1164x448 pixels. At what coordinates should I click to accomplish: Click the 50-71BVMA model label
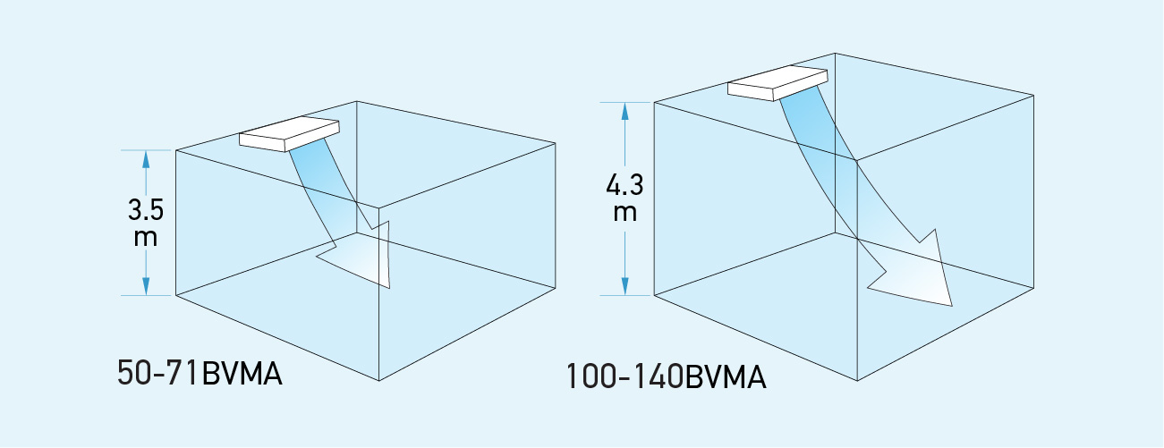pyautogui.click(x=200, y=373)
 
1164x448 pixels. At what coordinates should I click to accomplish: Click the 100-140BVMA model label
pyautogui.click(x=667, y=376)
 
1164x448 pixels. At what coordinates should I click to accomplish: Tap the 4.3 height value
pyautogui.click(x=624, y=187)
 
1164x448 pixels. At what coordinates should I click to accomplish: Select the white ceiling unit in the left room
pyautogui.click(x=288, y=134)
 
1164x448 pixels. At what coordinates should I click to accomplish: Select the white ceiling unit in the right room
pyautogui.click(x=776, y=81)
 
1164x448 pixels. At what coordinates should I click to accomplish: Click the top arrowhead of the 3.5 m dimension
pyautogui.click(x=145, y=159)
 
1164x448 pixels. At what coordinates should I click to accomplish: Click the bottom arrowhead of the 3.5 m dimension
pyautogui.click(x=145, y=284)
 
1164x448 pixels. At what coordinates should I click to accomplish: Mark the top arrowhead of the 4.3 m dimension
pyautogui.click(x=624, y=112)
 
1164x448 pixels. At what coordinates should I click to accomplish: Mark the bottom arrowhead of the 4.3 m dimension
pyautogui.click(x=624, y=284)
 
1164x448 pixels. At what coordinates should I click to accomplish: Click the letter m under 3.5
pyautogui.click(x=145, y=237)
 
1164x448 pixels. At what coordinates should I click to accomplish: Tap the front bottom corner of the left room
pyautogui.click(x=380, y=381)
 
